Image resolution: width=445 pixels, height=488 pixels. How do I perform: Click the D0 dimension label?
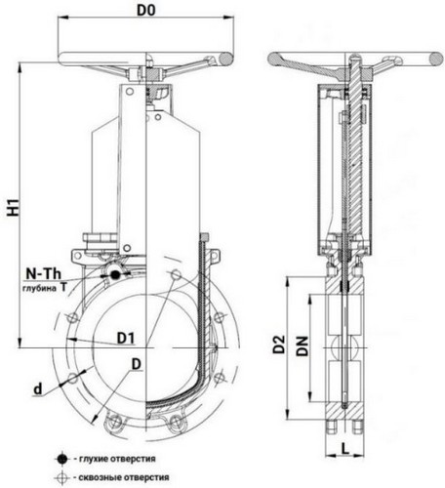pos(146,10)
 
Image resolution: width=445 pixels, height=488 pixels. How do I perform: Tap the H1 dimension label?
pos(14,207)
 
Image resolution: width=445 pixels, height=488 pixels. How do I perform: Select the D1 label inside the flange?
pos(126,339)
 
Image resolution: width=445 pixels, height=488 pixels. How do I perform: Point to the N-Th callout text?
pos(44,274)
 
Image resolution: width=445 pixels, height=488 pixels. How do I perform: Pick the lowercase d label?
pos(38,388)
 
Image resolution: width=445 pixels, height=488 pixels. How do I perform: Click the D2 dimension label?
pos(279,345)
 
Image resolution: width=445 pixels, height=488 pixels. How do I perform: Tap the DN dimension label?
pos(302,346)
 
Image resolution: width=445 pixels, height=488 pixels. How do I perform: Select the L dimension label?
pos(345,449)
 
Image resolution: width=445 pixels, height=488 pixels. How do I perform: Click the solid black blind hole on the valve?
pos(115,275)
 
